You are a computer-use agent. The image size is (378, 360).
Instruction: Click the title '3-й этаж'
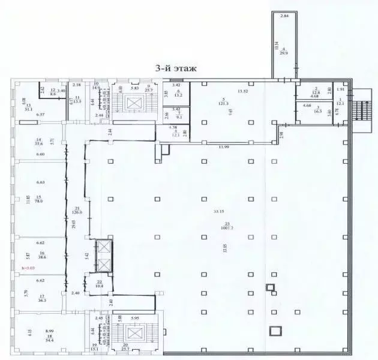(x=175, y=70)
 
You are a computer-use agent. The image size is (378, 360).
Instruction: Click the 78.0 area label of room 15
(x=40, y=202)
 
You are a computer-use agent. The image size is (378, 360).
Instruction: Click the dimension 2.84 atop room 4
(x=285, y=16)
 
